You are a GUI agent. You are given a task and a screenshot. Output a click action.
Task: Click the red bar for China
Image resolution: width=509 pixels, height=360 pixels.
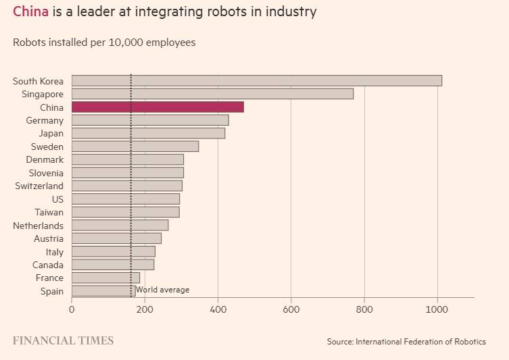tap(157, 107)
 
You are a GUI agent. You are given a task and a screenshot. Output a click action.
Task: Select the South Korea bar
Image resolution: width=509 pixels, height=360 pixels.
tap(257, 81)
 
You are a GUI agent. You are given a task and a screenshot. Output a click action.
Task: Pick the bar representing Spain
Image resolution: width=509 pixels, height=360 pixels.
tap(95, 291)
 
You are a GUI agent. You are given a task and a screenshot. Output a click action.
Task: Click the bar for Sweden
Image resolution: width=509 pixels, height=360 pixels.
tap(135, 147)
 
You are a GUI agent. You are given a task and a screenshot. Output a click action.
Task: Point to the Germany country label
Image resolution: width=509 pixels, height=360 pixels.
tap(45, 120)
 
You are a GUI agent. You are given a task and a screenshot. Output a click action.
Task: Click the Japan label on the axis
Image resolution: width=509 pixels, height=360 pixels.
tap(51, 134)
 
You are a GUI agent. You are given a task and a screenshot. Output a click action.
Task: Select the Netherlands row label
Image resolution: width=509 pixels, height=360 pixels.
tap(38, 226)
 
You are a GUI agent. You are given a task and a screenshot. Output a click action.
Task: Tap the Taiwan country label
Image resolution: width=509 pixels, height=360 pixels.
tap(49, 212)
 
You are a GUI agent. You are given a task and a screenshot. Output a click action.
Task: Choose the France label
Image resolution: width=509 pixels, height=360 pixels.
tap(49, 278)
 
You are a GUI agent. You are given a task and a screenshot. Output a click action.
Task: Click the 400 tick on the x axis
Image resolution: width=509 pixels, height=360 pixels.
tap(218, 310)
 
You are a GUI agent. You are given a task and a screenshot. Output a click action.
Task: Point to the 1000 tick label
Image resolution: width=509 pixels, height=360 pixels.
tap(437, 310)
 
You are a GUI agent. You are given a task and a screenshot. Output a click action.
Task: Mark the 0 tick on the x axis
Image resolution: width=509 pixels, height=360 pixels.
tap(72, 310)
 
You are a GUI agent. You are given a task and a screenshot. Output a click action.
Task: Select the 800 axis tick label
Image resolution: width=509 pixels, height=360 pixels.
tap(364, 310)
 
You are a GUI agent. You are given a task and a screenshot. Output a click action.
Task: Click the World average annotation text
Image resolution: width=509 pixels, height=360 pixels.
tap(162, 290)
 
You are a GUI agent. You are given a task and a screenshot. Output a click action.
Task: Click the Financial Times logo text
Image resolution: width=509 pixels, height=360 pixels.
tap(63, 340)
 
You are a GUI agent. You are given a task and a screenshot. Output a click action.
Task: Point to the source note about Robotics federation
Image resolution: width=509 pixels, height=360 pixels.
tap(406, 342)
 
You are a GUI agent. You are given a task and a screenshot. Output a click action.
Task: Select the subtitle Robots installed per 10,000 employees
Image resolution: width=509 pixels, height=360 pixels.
tap(104, 43)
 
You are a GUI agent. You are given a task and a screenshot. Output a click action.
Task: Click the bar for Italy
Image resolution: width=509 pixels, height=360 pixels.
tap(114, 252)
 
